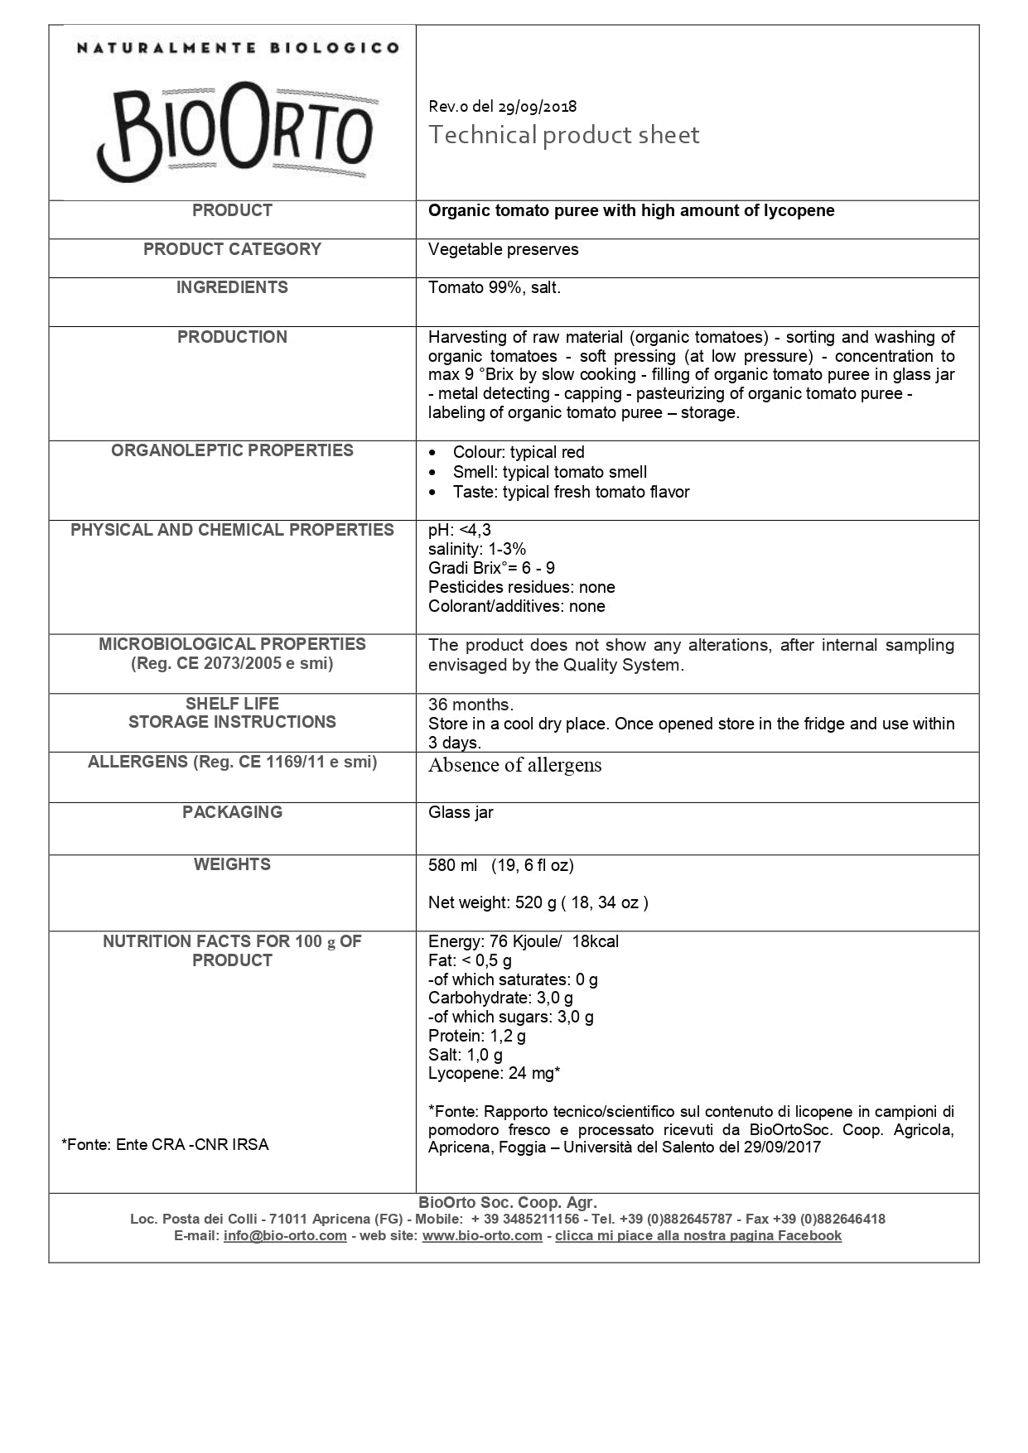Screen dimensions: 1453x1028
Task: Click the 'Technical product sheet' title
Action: click(x=563, y=135)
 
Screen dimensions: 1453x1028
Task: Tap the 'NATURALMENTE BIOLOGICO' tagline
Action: click(x=238, y=48)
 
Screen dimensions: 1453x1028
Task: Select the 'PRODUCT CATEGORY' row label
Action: click(x=232, y=249)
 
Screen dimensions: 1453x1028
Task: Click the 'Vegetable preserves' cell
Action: click(x=503, y=249)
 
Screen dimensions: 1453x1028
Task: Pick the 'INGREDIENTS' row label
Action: click(x=232, y=287)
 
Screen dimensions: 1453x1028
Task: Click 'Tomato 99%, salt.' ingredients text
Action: click(x=494, y=287)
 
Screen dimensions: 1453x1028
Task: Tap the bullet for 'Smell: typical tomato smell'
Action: click(x=433, y=473)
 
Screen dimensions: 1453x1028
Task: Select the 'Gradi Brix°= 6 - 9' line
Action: click(x=491, y=568)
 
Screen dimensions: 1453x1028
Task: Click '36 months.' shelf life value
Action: click(x=471, y=705)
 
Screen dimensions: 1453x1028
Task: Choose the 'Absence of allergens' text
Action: click(x=514, y=765)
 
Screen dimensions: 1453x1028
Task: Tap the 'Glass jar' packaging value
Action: click(x=461, y=812)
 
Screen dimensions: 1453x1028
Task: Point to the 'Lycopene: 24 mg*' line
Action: click(x=494, y=1073)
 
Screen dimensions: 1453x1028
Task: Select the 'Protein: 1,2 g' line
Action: click(x=476, y=1036)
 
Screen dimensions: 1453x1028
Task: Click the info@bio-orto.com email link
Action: click(x=285, y=1235)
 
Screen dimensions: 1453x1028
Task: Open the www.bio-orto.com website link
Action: click(x=482, y=1235)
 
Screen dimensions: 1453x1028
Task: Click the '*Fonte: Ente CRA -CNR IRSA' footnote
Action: click(x=165, y=1144)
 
